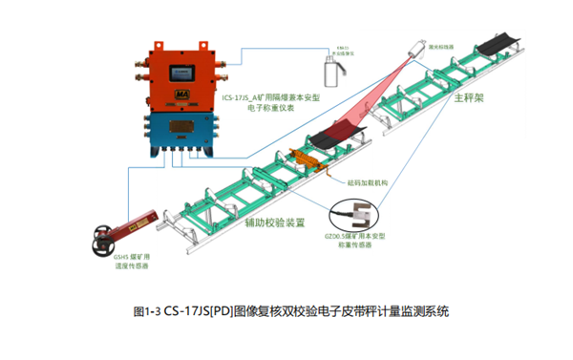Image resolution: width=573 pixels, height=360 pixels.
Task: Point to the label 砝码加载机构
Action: (x=366, y=179)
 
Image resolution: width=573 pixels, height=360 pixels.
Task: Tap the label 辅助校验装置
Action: (x=273, y=222)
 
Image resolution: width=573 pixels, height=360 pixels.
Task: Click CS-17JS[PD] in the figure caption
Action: (x=195, y=310)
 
